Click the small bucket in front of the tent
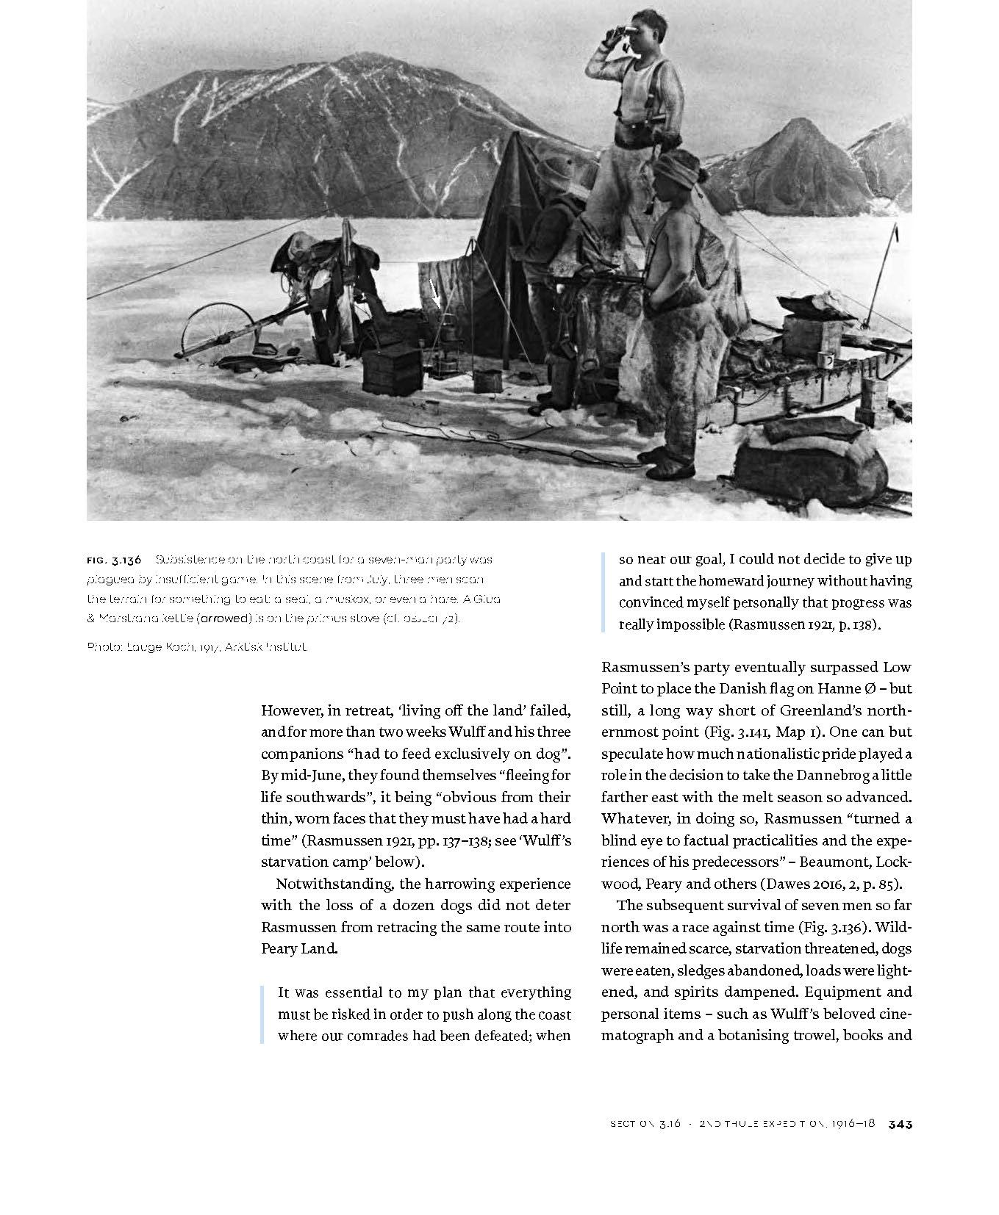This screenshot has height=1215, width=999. (484, 381)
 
